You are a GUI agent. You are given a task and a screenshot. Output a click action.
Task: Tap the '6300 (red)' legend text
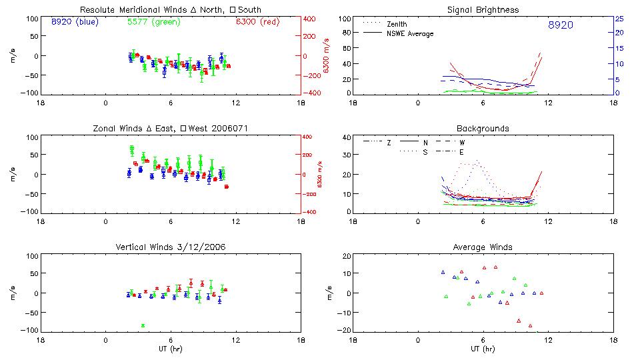[257, 22]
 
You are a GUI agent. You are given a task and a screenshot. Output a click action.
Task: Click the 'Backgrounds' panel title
[483, 128]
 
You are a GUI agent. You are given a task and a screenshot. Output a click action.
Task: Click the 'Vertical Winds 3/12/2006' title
[170, 247]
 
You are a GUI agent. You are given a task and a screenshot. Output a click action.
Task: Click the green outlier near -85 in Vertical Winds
[143, 325]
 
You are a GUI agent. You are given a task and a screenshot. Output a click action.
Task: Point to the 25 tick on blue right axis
[619, 19]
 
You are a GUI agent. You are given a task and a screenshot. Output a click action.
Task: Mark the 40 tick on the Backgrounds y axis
[346, 138]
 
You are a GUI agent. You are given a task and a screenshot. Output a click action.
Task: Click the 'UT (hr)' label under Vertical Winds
[170, 349]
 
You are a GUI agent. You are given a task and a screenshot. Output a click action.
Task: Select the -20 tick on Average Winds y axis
[345, 331]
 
